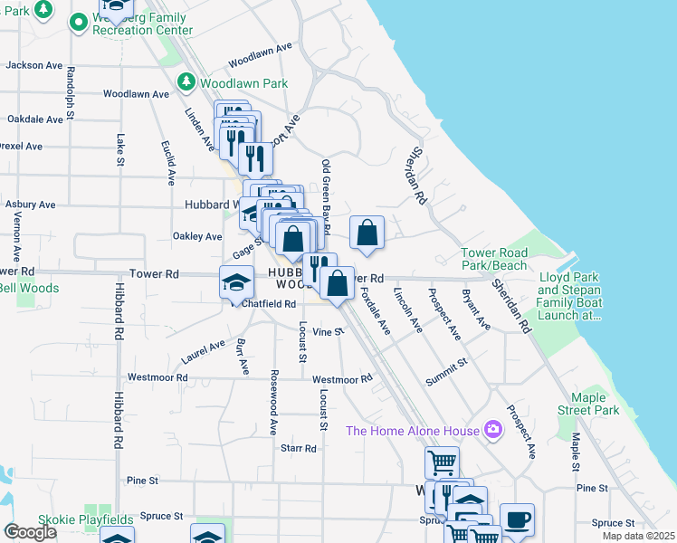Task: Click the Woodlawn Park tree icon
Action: click(x=187, y=82)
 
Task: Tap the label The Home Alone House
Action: click(x=413, y=429)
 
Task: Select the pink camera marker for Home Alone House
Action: click(x=493, y=428)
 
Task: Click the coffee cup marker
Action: click(x=517, y=520)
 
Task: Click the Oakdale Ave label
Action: click(x=33, y=119)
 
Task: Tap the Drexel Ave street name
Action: click(x=22, y=146)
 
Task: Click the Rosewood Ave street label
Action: click(x=272, y=403)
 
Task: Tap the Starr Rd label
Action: click(x=298, y=448)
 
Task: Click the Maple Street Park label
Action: click(x=595, y=404)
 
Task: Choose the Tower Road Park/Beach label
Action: click(x=493, y=259)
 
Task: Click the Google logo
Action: click(x=30, y=532)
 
